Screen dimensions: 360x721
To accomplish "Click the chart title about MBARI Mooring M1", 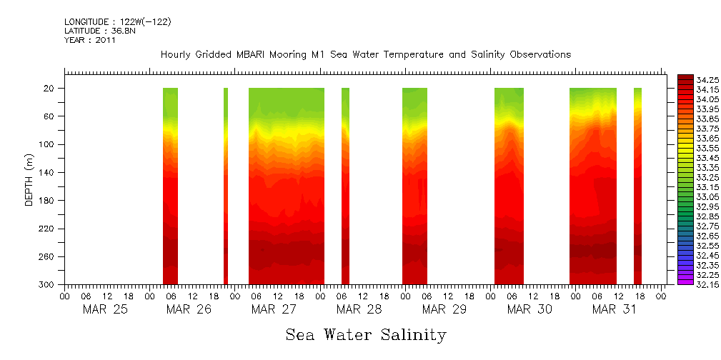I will pos(365,55).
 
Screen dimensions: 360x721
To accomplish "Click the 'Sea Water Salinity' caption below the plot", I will pos(366,334).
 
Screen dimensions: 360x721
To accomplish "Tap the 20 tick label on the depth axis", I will pos(50,89).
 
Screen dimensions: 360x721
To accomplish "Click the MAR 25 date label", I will pos(105,309).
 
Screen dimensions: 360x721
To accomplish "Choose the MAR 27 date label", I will pos(274,309).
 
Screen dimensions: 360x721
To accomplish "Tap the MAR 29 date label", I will pos(444,309).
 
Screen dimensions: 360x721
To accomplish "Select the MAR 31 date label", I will pos(615,309).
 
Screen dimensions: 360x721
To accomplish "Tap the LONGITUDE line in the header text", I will pos(117,22).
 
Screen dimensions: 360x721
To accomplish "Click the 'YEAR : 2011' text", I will pos(89,40).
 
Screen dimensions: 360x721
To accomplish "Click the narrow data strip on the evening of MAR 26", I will pos(226,186).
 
